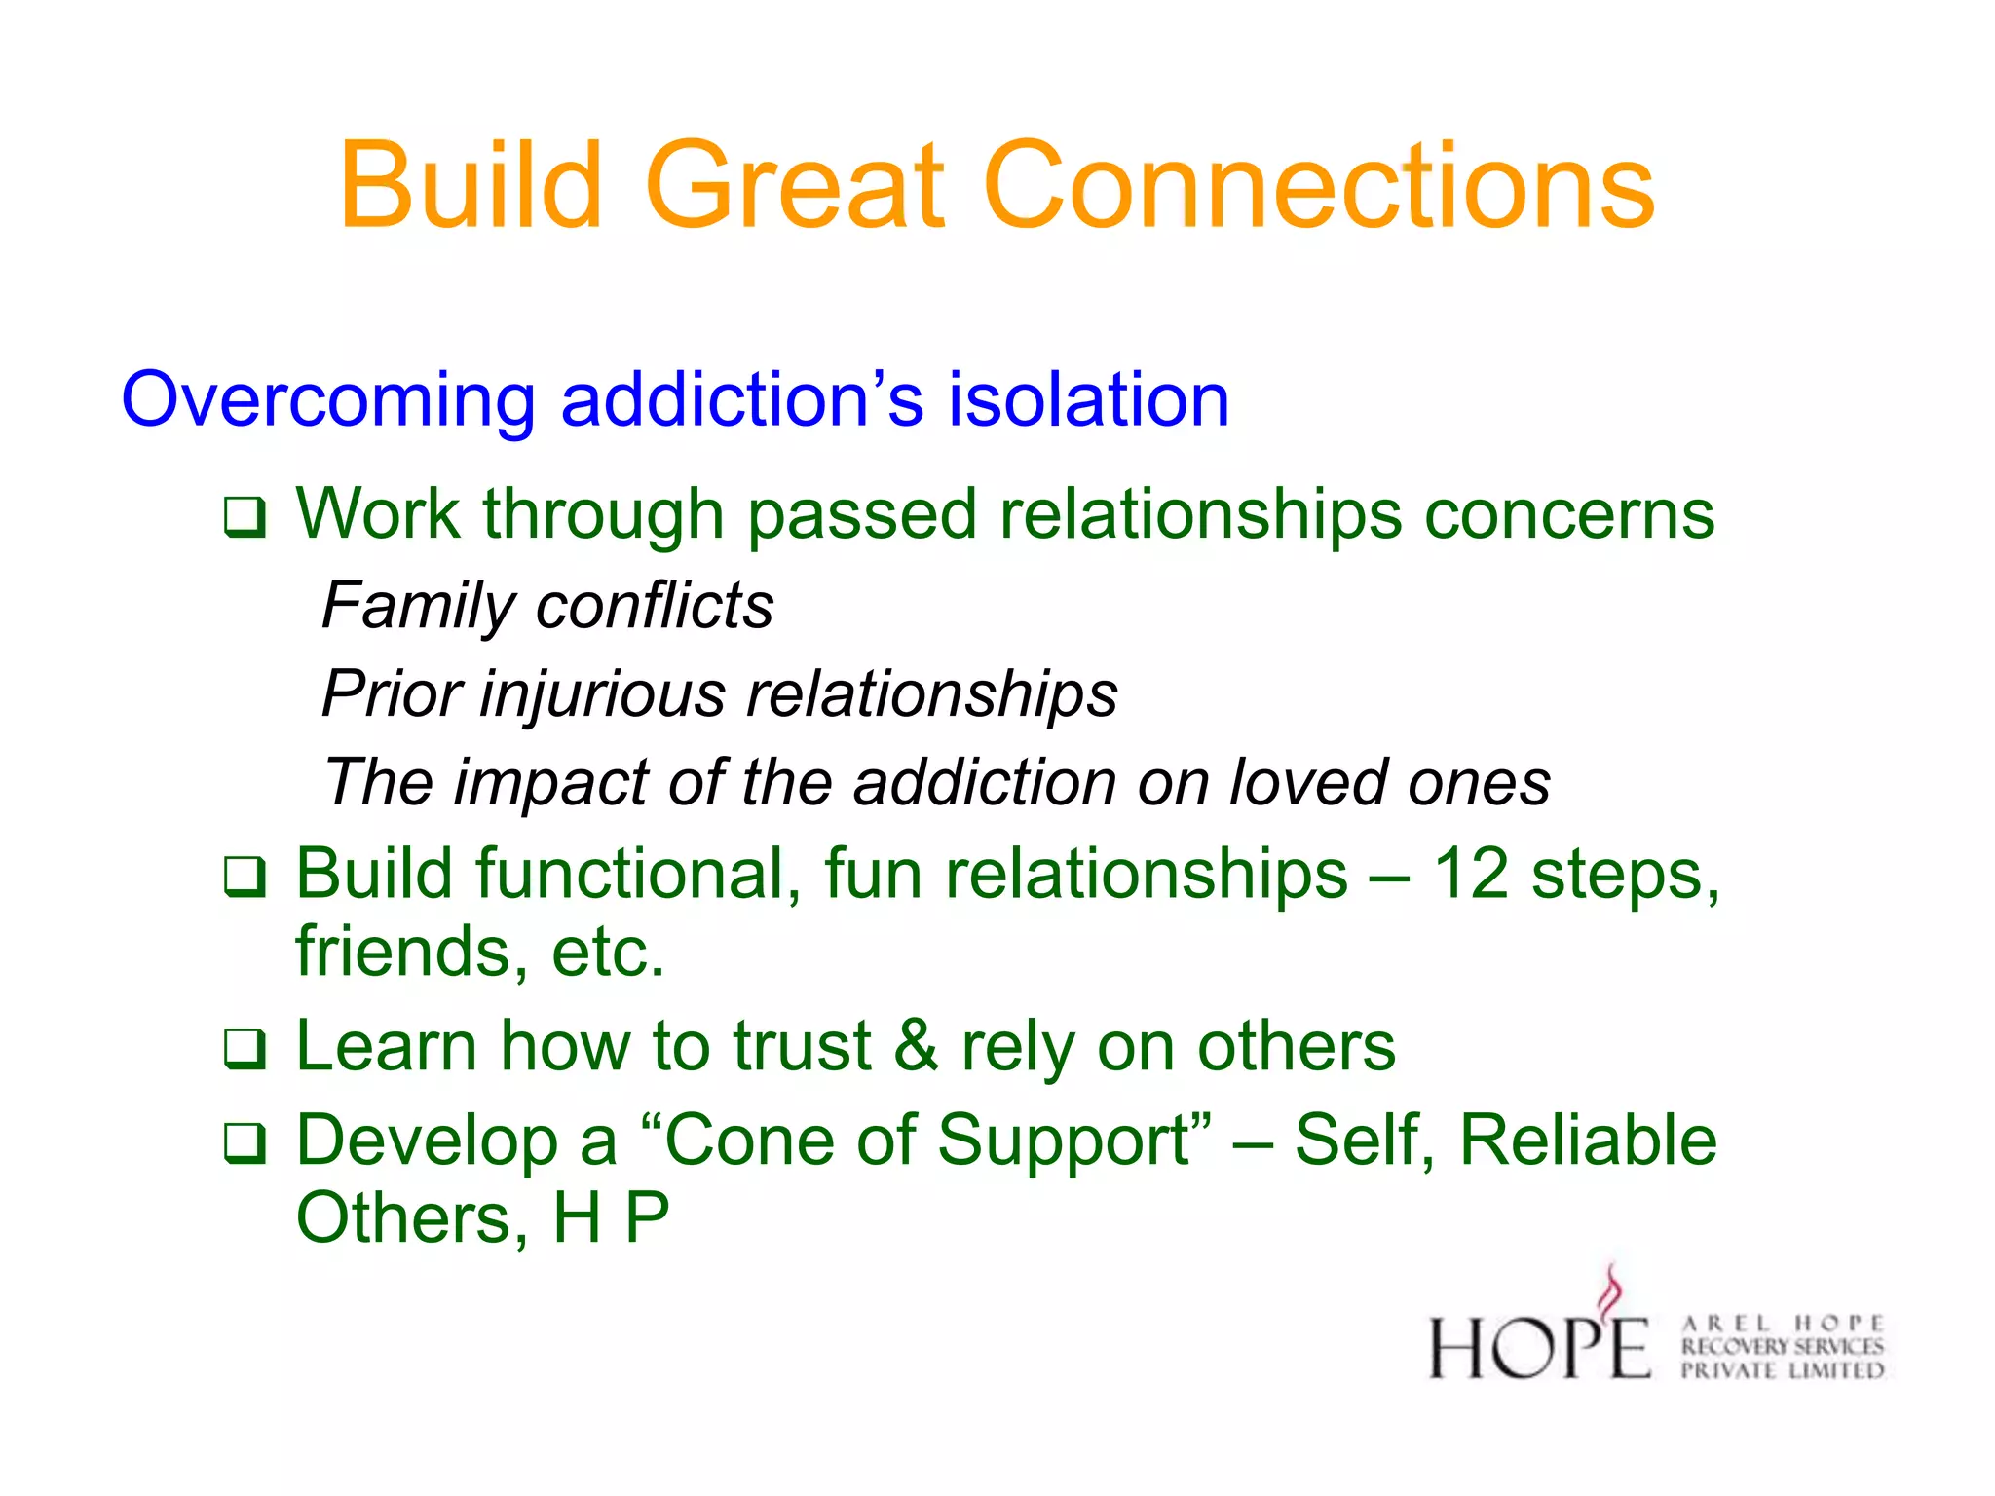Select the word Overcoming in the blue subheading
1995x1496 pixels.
[327, 401]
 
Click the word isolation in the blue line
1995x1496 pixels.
[1088, 399]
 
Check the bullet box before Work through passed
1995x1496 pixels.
[244, 517]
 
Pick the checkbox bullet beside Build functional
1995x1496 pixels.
[244, 877]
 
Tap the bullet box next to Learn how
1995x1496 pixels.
[244, 1049]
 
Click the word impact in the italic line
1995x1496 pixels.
[551, 783]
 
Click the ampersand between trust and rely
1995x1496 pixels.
[916, 1046]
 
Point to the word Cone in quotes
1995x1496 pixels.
[748, 1141]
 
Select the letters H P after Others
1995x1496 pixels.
[611, 1218]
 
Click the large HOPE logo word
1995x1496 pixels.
[1539, 1348]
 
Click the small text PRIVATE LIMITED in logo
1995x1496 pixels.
[1783, 1370]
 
